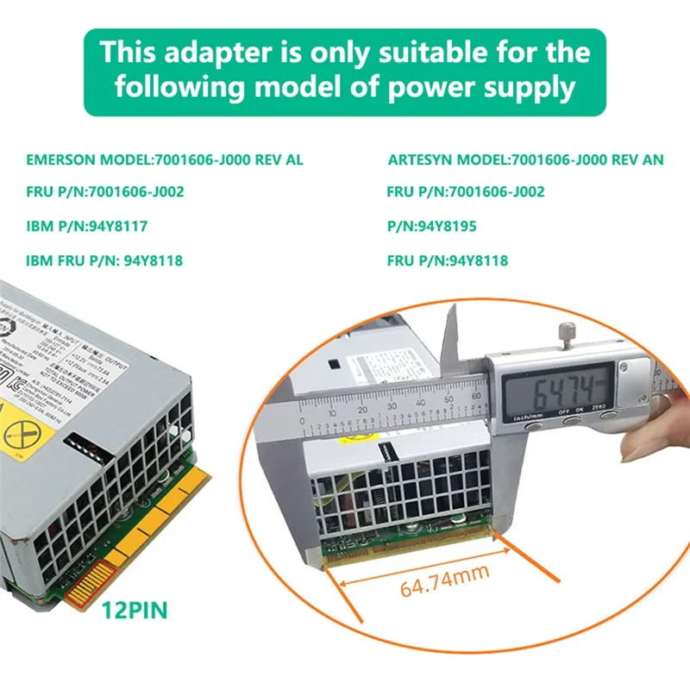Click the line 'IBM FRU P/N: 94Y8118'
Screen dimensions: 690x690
click(x=104, y=260)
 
